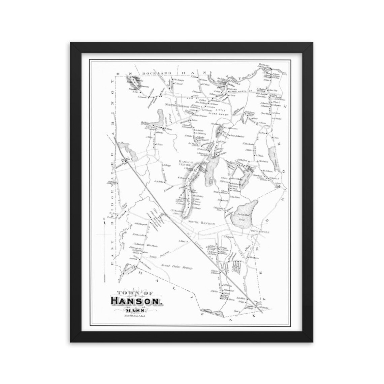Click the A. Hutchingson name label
pyautogui.click(x=141, y=224)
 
